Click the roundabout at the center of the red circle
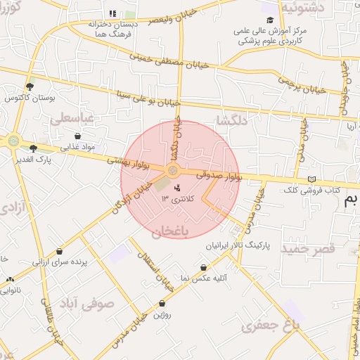point(173,172)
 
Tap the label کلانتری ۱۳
point(176,199)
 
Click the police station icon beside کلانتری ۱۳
point(176,188)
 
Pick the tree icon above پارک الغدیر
point(33,148)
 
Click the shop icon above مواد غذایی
point(77,136)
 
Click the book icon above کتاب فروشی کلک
point(312,179)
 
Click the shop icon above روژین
point(162,304)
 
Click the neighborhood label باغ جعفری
point(270,326)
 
